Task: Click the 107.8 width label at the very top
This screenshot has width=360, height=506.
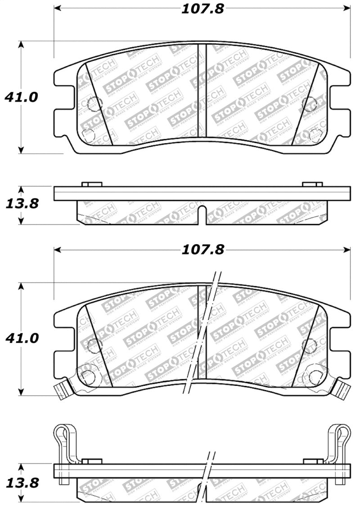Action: [202, 9]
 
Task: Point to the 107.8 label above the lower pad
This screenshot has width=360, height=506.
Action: [202, 250]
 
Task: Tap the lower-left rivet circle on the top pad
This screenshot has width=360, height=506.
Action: [89, 134]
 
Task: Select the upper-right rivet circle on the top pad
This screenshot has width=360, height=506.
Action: [310, 104]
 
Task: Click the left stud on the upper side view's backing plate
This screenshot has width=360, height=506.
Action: [92, 184]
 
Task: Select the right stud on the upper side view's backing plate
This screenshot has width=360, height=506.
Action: [312, 184]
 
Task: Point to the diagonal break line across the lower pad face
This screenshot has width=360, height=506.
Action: [202, 333]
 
